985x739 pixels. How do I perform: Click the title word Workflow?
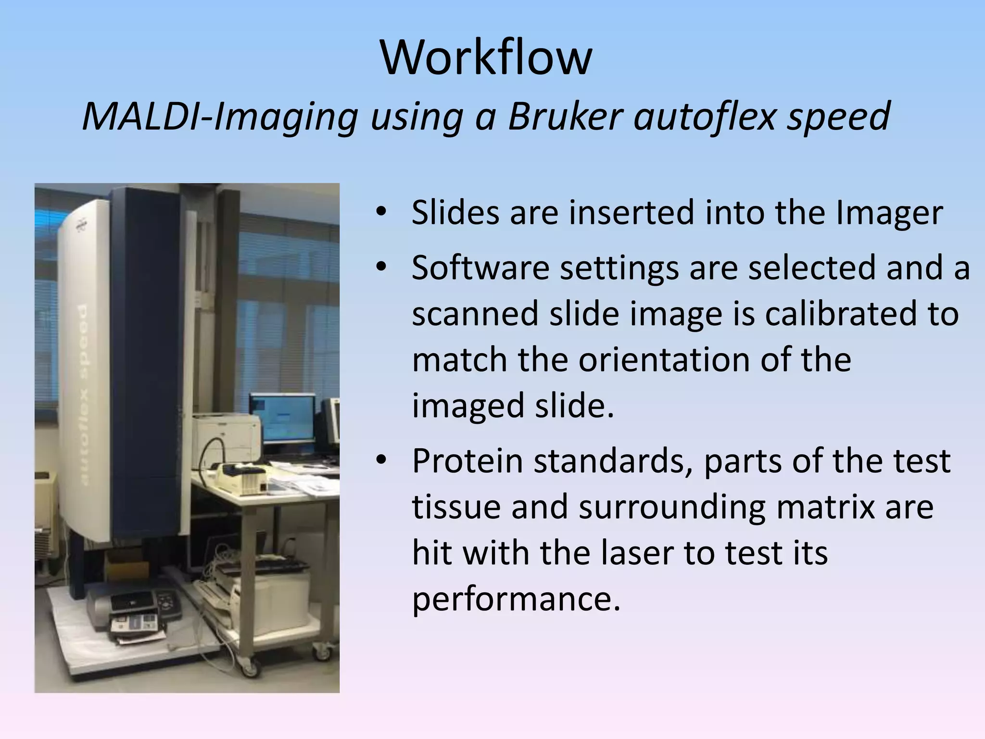(486, 58)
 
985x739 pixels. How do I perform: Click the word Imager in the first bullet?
(889, 213)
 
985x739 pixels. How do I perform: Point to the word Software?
(480, 268)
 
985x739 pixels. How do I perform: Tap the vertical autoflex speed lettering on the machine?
(81, 395)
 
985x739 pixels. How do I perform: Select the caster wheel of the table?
(250, 667)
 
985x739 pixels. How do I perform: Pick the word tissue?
(455, 507)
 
